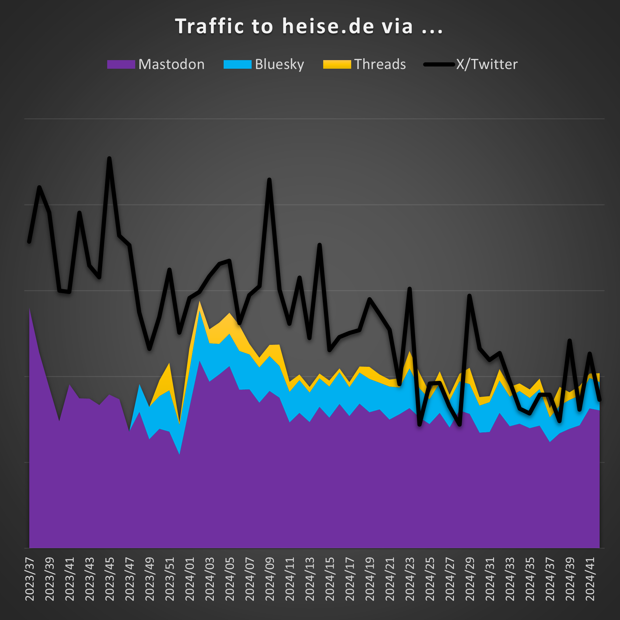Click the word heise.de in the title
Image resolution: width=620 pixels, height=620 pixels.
coord(328,26)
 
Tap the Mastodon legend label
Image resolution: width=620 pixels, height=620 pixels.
coord(171,65)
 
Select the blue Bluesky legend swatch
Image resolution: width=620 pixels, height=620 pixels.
coord(238,65)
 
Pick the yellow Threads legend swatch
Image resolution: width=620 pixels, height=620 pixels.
coord(337,65)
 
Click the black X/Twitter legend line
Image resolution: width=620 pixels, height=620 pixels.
coord(439,65)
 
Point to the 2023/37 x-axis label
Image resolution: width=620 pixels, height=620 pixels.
coord(30,579)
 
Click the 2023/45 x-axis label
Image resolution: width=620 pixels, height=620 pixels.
coord(109,579)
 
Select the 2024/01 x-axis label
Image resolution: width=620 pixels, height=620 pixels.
coord(190,579)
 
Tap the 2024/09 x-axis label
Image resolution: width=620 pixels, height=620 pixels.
coord(269,579)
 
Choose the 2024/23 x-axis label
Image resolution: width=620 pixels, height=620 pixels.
coord(410,579)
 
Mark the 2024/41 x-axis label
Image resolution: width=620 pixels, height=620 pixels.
coord(590,579)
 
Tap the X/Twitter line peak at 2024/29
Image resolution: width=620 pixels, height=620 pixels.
coord(470,296)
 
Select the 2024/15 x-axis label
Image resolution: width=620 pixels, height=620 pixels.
coord(330,579)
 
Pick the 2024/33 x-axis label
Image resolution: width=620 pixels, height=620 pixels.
coord(510,579)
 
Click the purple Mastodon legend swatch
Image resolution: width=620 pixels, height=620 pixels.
coord(121,65)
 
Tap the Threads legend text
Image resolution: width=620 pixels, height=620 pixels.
coord(380,65)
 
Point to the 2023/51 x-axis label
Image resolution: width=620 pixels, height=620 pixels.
coord(170,579)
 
